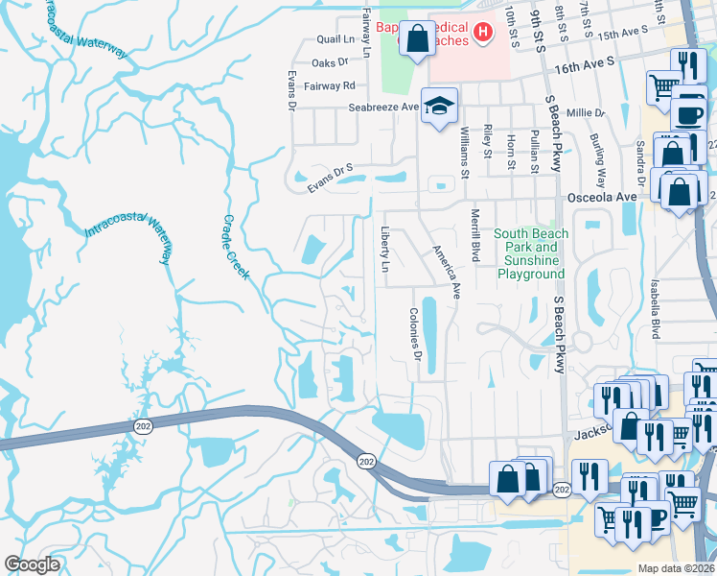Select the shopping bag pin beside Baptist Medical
tap(417, 39)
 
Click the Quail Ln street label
tap(335, 40)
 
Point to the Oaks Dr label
tap(331, 62)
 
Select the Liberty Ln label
tap(385, 250)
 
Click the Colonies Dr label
tap(416, 334)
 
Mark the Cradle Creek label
tap(236, 245)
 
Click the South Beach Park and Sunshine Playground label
tap(531, 253)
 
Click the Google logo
tap(32, 564)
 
